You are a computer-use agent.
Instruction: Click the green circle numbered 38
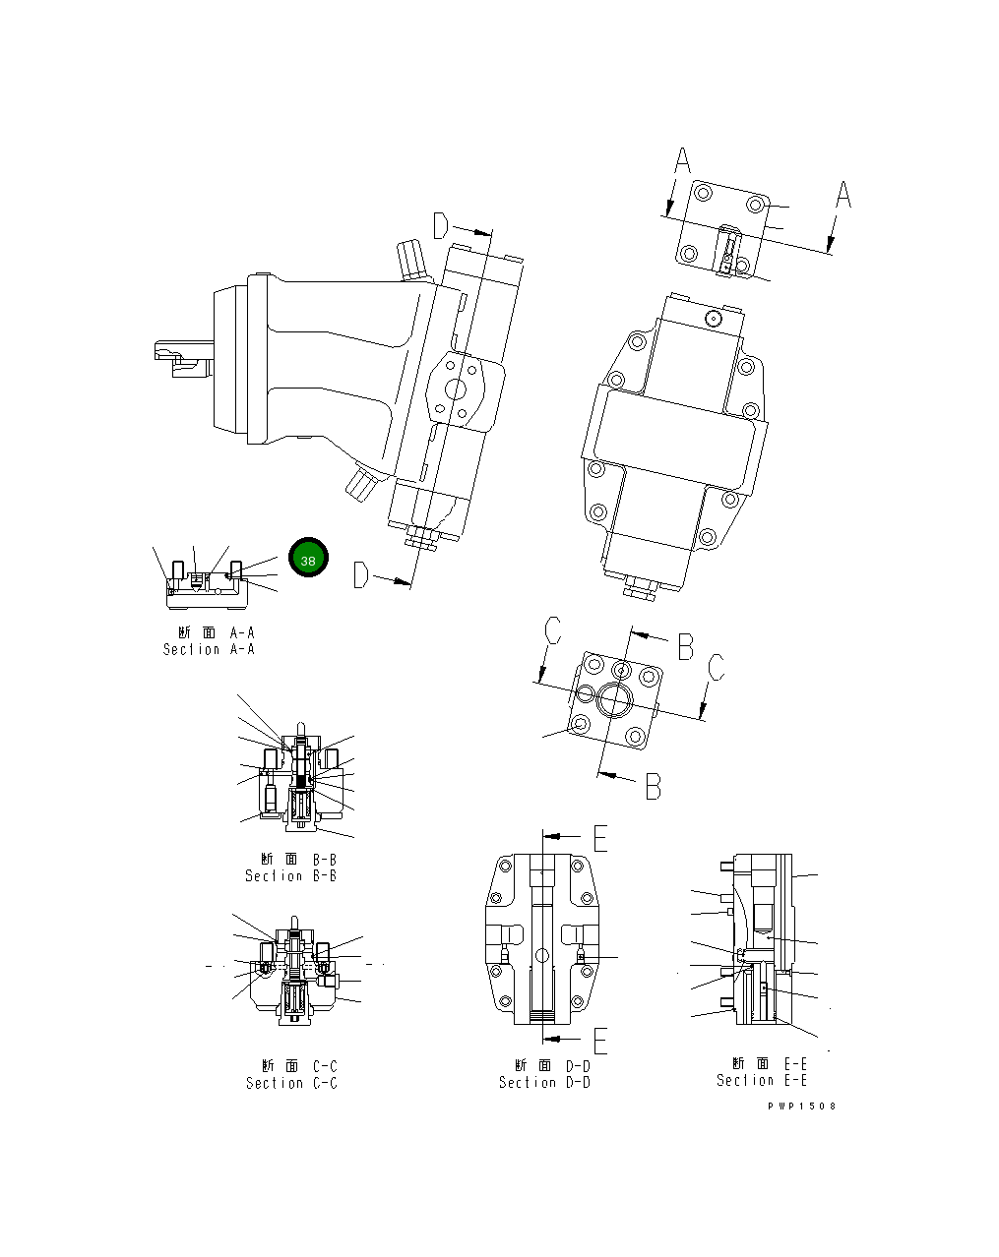pyautogui.click(x=308, y=559)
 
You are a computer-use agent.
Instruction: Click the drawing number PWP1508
pyautogui.click(x=802, y=1106)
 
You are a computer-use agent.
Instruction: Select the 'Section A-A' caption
pyautogui.click(x=209, y=649)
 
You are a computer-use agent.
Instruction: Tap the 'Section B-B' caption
pyautogui.click(x=290, y=875)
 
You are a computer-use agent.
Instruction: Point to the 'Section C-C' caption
pyautogui.click(x=291, y=1083)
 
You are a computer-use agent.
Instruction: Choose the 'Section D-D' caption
pyautogui.click(x=544, y=1082)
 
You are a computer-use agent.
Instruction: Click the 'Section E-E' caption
pyautogui.click(x=762, y=1080)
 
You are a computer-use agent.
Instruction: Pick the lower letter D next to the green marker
pyautogui.click(x=362, y=574)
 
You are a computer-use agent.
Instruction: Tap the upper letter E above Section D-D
pyautogui.click(x=600, y=837)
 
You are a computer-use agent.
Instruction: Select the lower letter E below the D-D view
pyautogui.click(x=600, y=1040)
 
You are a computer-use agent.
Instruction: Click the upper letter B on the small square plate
pyautogui.click(x=685, y=646)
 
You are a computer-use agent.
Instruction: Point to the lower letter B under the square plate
pyautogui.click(x=653, y=786)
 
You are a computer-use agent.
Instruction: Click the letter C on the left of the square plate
pyautogui.click(x=553, y=630)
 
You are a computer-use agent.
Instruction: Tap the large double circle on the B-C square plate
pyautogui.click(x=617, y=699)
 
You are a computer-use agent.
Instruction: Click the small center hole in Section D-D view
pyautogui.click(x=542, y=954)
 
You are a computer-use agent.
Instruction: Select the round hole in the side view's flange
pyautogui.click(x=457, y=389)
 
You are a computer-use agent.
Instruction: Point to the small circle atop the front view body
pyautogui.click(x=713, y=318)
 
